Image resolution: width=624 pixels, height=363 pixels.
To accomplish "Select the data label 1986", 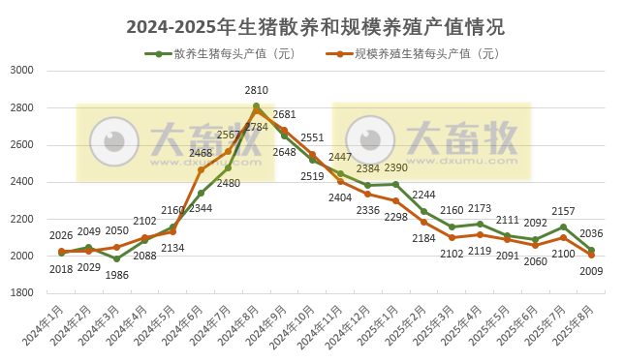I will [x=91, y=275].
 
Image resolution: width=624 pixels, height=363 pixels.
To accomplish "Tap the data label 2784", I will [x=257, y=128].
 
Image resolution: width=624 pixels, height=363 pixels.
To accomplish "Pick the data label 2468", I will [x=201, y=153].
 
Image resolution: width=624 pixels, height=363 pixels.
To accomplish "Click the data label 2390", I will [x=395, y=167].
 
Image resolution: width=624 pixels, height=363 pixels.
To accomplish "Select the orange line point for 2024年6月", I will [x=201, y=169].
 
